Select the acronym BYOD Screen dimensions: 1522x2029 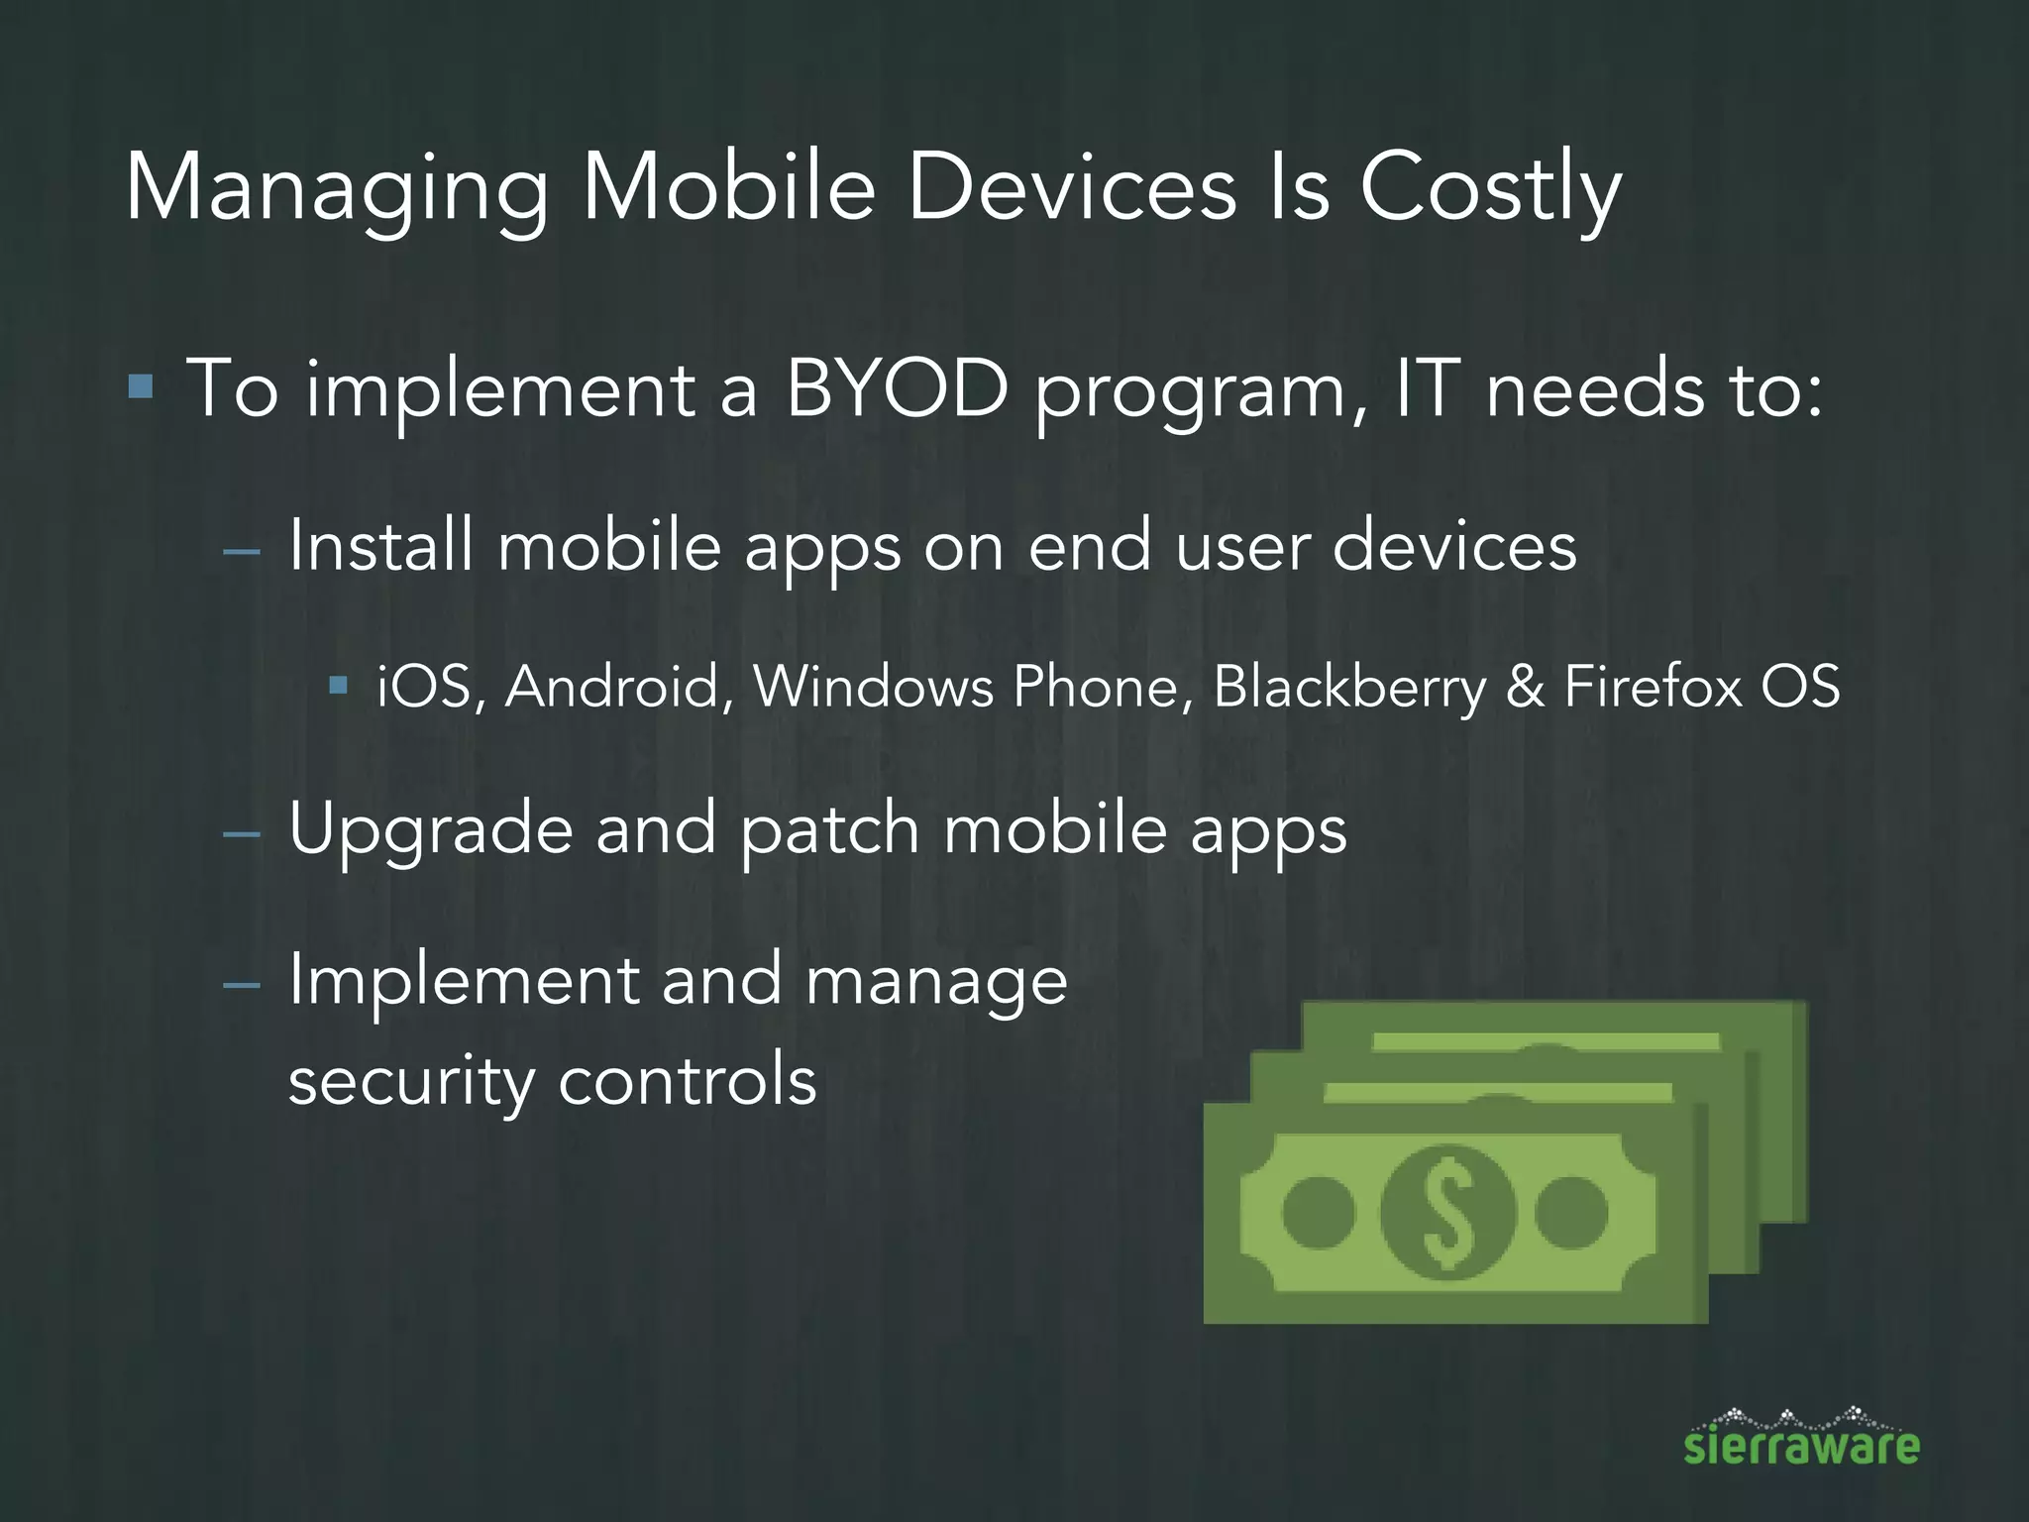896,388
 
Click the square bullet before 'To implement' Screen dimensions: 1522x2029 141,385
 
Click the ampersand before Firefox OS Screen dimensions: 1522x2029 1525,687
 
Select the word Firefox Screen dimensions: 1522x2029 1653,687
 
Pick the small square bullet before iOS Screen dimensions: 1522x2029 339,684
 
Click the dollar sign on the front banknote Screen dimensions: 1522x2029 1447,1212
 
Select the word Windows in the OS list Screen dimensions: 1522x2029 873,687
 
